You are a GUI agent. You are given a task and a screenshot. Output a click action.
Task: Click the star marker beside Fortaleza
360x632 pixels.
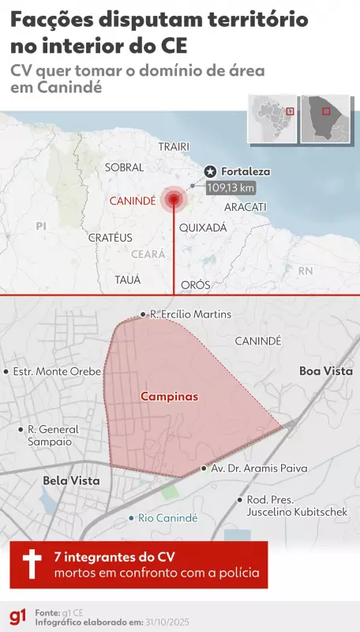tap(211, 171)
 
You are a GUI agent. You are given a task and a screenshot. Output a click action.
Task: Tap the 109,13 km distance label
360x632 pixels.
tap(231, 188)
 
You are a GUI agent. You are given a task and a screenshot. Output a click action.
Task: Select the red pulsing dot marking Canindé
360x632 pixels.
tap(173, 201)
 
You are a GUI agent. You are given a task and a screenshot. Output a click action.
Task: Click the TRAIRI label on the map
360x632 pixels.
tap(174, 148)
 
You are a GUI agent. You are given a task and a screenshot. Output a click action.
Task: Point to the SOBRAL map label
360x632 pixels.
tap(125, 167)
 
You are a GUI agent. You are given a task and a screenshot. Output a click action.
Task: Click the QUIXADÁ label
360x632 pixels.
tap(203, 228)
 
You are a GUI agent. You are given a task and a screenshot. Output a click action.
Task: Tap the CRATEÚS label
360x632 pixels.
tap(110, 237)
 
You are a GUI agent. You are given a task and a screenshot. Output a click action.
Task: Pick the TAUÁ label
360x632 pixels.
tap(128, 280)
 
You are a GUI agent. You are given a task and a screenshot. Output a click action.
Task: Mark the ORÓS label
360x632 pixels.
tap(196, 284)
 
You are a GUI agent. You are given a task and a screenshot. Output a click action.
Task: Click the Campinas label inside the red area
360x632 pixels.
tap(170, 397)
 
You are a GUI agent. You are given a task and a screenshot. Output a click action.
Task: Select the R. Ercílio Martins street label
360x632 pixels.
tap(190, 314)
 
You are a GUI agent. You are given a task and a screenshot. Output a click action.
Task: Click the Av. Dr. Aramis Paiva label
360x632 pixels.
tap(253, 468)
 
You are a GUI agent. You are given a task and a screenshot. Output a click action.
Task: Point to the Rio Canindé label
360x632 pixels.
tap(167, 518)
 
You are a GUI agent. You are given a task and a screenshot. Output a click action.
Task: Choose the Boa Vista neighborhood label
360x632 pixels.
tap(325, 371)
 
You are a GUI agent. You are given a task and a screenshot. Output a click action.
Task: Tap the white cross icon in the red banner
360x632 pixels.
tap(32, 564)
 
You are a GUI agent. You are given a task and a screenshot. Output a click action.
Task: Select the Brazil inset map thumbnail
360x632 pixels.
tap(272, 119)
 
